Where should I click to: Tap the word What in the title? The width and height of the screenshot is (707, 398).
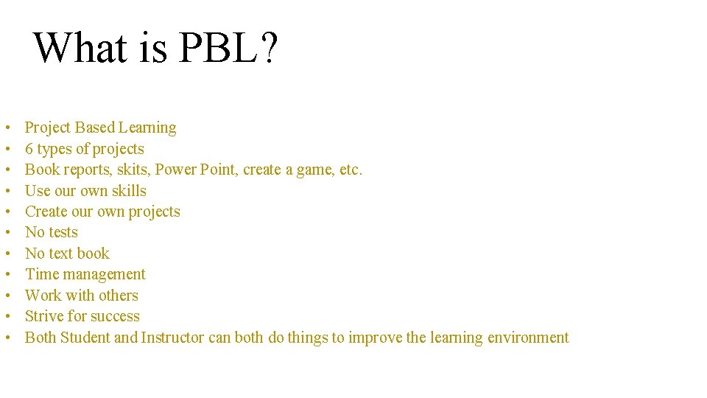point(80,48)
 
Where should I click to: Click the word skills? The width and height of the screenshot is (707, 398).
point(127,191)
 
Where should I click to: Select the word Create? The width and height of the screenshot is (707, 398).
point(46,212)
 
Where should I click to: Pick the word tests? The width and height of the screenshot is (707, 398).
point(63,232)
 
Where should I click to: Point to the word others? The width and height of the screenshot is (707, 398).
point(119,296)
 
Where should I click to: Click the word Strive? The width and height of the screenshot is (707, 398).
point(44,316)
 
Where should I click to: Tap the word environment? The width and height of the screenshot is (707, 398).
point(528,338)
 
